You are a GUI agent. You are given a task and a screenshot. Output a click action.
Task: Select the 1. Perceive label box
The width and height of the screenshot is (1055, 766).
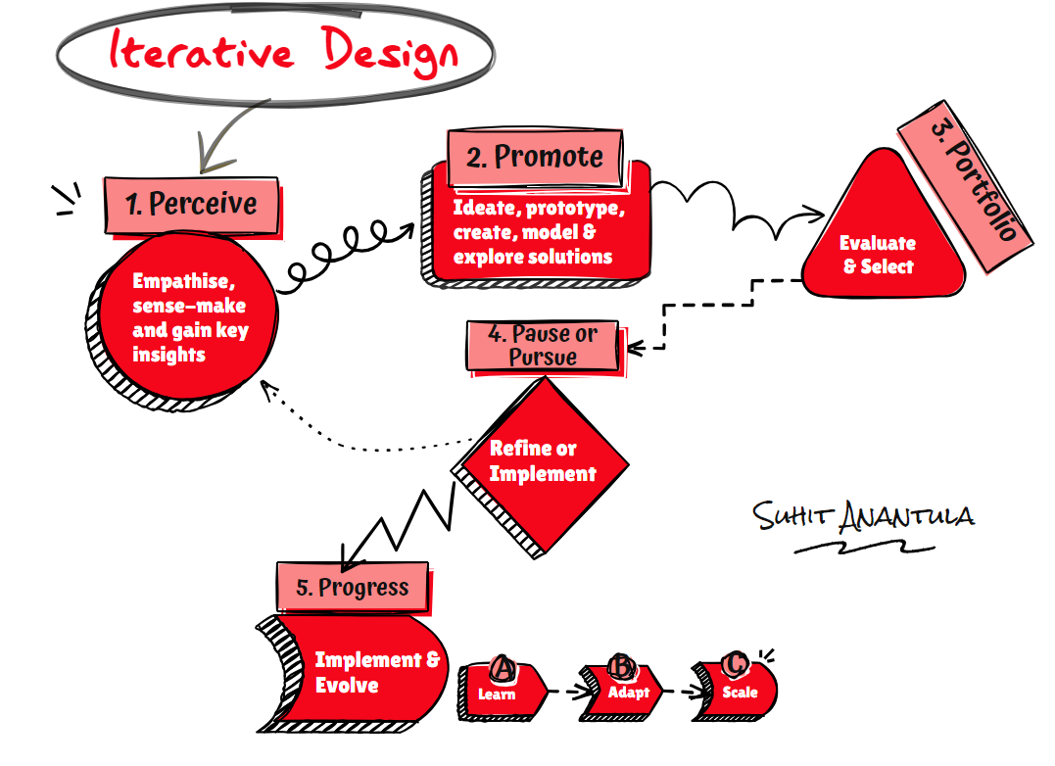[192, 205]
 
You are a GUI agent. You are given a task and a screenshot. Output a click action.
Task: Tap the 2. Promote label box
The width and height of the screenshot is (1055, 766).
[534, 157]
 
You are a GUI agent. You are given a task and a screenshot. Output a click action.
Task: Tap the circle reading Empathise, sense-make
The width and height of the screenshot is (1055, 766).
[186, 318]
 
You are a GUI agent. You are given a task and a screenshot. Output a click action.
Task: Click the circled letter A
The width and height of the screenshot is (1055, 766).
[503, 668]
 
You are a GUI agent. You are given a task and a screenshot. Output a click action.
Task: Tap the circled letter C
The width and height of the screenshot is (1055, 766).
[733, 664]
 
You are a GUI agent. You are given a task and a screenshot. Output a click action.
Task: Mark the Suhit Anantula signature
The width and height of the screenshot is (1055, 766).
[862, 519]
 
